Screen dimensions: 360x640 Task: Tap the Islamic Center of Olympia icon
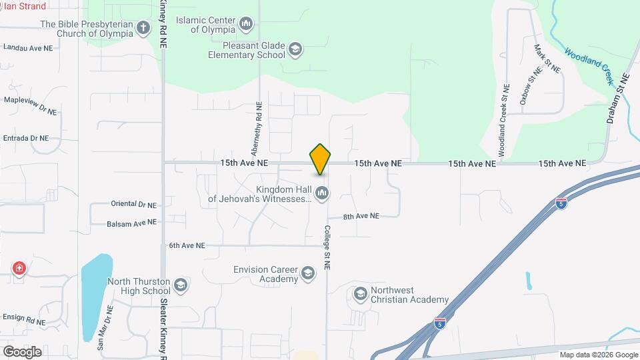(x=247, y=25)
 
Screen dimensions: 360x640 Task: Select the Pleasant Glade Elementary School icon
(x=295, y=50)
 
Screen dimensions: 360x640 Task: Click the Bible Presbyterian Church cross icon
(x=143, y=28)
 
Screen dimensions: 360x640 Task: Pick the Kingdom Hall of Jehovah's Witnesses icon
(x=322, y=193)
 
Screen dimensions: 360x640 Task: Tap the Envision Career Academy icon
(x=307, y=273)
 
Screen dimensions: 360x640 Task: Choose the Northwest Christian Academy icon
(x=361, y=294)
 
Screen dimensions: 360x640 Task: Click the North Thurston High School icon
(x=180, y=286)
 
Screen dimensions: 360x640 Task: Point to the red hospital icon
(x=19, y=269)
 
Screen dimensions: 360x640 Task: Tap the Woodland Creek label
(x=589, y=65)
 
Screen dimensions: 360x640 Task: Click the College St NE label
(x=327, y=247)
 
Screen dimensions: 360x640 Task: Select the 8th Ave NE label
(x=361, y=217)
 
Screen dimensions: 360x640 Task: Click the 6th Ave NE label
(x=187, y=245)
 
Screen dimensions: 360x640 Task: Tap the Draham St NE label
(x=618, y=97)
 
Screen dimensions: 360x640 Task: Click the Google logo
(x=22, y=351)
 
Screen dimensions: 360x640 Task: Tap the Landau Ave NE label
(x=27, y=48)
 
